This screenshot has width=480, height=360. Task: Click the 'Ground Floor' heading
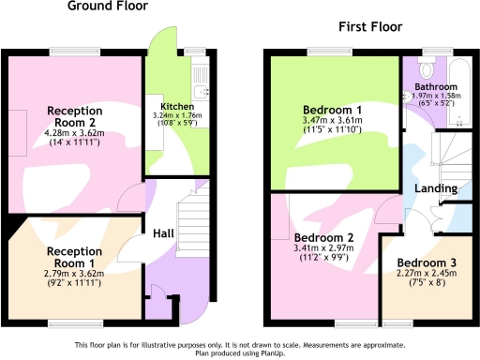108,7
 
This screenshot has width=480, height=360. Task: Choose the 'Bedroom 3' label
426,262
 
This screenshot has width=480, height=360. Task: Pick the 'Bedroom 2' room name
323,237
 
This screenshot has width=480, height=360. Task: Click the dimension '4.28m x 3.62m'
74,135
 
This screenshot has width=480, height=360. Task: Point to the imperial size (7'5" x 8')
426,285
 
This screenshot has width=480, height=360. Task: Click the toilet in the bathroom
427,68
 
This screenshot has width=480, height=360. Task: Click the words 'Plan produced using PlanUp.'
240,353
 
